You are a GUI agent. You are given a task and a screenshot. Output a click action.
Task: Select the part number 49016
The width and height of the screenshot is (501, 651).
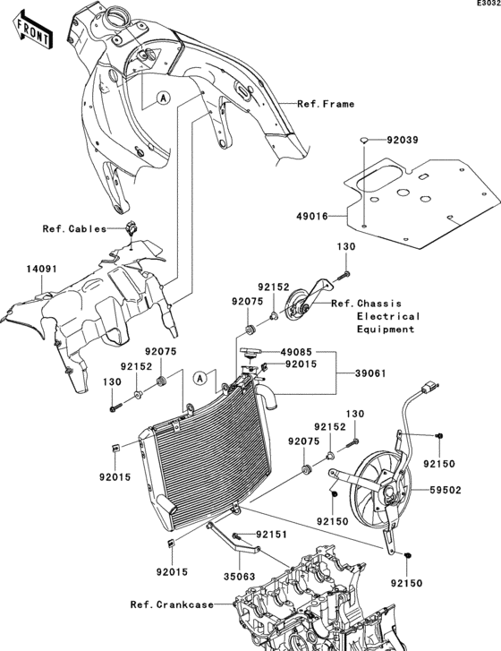[312, 216]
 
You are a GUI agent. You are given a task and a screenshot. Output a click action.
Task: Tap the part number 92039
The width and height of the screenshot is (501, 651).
[403, 141]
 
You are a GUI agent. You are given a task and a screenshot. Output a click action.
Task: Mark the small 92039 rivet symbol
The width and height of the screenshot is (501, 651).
[364, 140]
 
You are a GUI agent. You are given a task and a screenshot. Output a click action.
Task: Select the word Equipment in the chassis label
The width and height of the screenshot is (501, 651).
[386, 330]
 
